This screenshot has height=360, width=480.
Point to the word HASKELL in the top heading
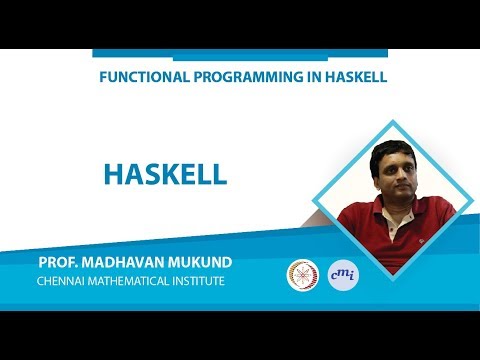tap(348, 77)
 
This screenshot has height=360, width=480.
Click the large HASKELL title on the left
tap(166, 173)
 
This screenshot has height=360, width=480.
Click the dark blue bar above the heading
tap(239, 54)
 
